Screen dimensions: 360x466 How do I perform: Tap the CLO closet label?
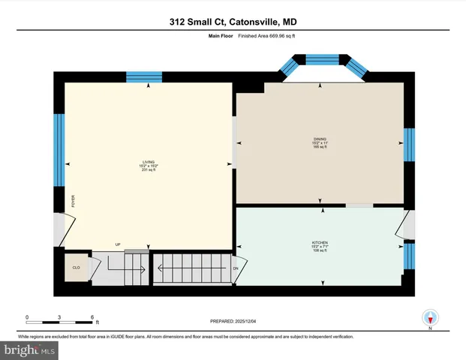click(x=76, y=267)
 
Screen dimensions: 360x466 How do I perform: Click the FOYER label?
click(x=74, y=201)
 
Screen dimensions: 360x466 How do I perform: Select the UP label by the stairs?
click(x=118, y=244)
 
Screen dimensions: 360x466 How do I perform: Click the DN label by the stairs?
click(x=236, y=268)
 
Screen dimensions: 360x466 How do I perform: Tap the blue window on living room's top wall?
click(x=143, y=76)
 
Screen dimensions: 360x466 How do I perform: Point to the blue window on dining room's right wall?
click(x=409, y=145)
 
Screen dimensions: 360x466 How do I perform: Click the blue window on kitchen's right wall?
click(x=409, y=256)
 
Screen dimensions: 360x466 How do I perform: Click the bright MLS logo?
click(x=29, y=349)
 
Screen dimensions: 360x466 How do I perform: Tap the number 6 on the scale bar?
click(x=92, y=317)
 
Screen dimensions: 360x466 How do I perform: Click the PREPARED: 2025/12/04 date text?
click(x=233, y=321)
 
